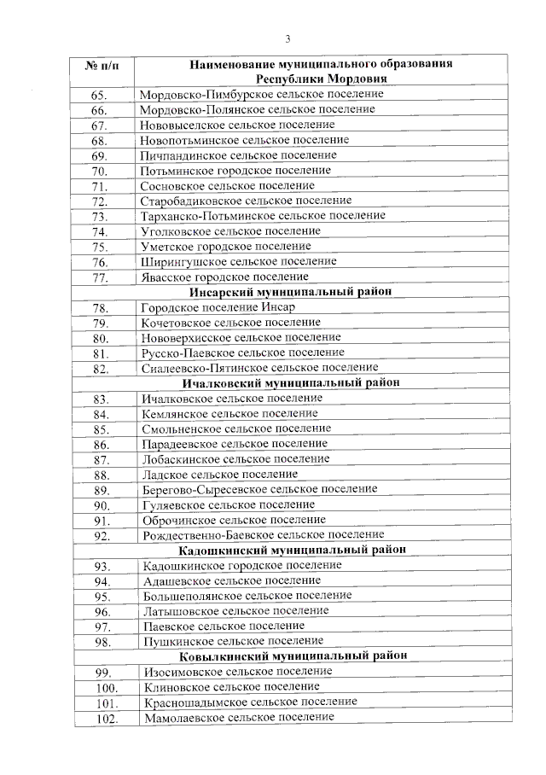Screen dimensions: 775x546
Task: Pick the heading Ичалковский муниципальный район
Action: point(290,383)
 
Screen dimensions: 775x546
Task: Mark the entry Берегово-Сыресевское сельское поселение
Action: point(259,489)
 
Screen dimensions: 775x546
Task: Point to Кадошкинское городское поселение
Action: point(242,565)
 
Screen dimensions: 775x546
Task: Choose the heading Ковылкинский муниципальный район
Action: point(293,656)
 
